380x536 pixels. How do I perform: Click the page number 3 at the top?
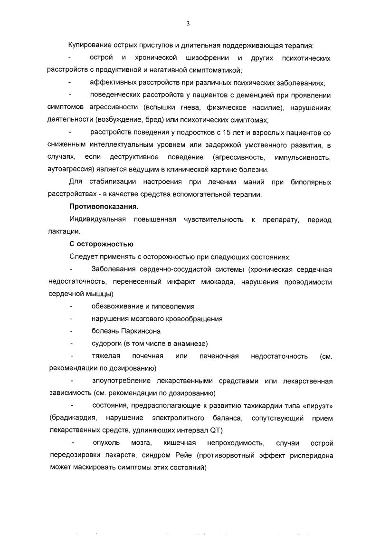point(188,24)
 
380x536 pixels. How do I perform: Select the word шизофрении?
point(205,58)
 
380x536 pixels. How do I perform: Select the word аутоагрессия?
point(70,169)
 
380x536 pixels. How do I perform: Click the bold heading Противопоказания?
point(104,207)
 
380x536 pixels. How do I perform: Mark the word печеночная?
point(217,356)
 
